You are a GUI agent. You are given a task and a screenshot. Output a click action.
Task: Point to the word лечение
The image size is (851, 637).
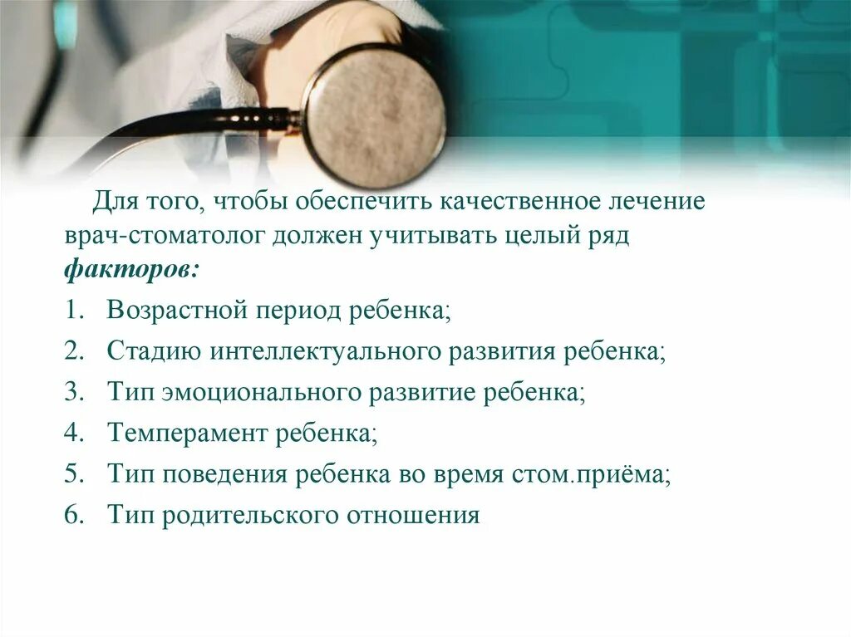pyautogui.click(x=657, y=202)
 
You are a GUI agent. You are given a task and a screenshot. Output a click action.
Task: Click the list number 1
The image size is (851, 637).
pyautogui.click(x=72, y=311)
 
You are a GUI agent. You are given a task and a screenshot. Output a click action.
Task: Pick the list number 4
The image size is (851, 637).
pyautogui.click(x=72, y=433)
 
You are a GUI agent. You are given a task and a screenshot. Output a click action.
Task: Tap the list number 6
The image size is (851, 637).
pyautogui.click(x=72, y=515)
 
